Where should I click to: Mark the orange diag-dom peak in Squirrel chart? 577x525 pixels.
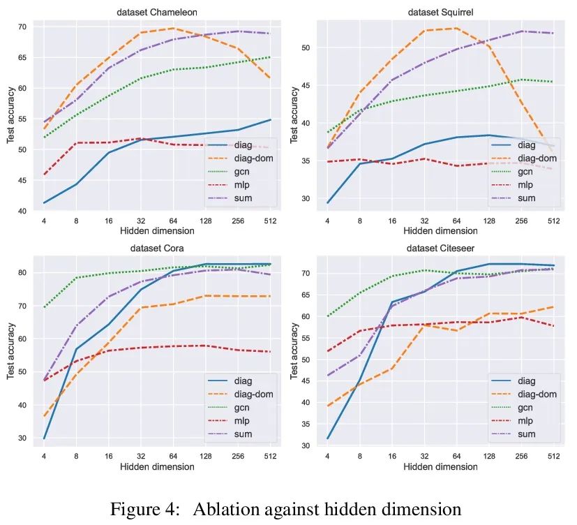[456, 29]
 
